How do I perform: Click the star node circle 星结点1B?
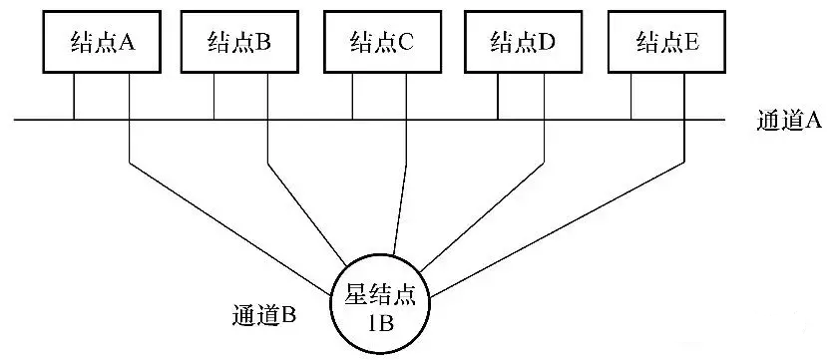pos(384,304)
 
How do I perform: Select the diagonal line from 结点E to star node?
pos(559,229)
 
